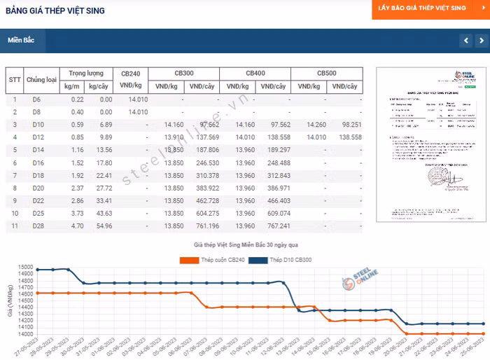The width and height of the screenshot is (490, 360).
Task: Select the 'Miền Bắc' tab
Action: point(22,40)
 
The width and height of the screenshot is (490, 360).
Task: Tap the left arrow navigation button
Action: point(466,41)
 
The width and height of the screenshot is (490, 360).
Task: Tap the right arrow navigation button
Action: point(482,41)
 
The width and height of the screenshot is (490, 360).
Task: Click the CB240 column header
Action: point(130,74)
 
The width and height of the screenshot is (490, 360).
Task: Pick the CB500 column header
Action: point(326,74)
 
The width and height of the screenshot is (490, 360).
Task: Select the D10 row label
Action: point(37,124)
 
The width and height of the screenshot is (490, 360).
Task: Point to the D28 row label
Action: point(37,226)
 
